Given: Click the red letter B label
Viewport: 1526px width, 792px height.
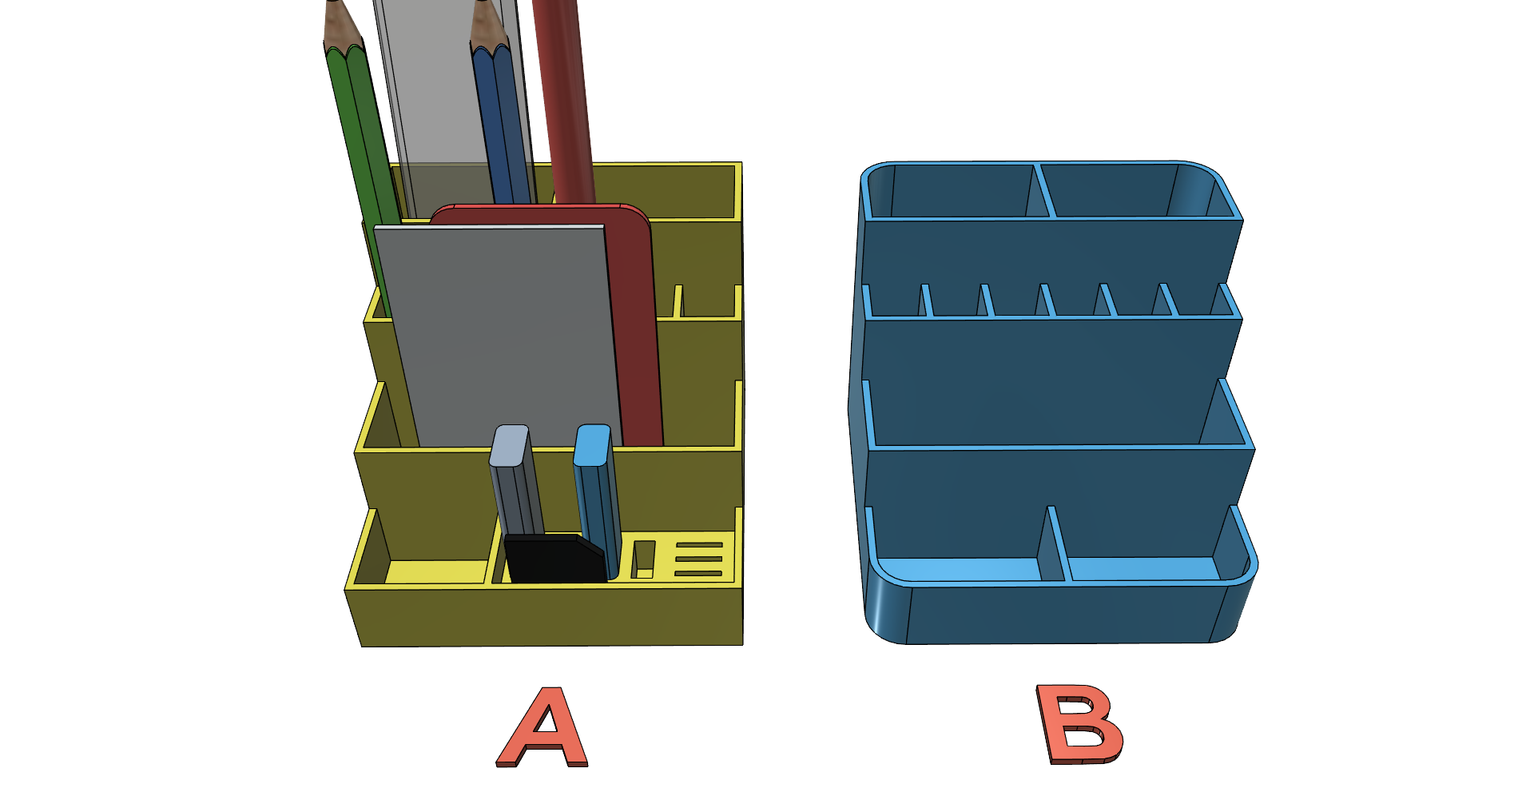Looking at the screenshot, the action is [x=1079, y=724].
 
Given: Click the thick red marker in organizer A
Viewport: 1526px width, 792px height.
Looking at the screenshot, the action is [x=563, y=100].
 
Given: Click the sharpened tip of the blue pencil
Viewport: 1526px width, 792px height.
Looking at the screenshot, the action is [x=480, y=4].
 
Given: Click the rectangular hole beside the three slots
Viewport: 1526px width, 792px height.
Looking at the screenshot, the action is [x=643, y=559].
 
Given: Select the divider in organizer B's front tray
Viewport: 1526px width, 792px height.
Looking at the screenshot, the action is [x=1055, y=543].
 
